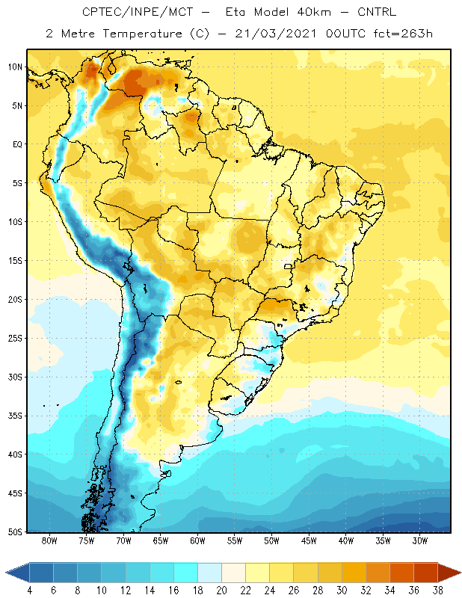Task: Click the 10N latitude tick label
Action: pos(15,67)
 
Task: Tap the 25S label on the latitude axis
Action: pos(15,339)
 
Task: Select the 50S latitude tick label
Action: pos(15,531)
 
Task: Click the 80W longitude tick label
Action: pos(49,540)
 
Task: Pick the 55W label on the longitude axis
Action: pos(235,540)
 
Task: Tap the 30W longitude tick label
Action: pos(420,540)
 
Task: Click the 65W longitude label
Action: pos(161,540)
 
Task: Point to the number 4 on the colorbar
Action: pos(30,591)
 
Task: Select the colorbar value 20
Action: pos(221,591)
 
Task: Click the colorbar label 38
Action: pos(437,591)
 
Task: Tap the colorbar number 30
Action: pos(342,591)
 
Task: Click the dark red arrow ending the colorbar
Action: pos(449,572)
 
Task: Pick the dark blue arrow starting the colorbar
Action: pos(17,572)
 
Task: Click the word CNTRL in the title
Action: pos(377,12)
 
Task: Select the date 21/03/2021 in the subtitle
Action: pos(275,34)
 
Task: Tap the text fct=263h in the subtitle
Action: pos(403,34)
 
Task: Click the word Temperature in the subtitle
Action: pos(142,34)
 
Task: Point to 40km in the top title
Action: pos(313,12)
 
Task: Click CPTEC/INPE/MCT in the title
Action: pos(138,12)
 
